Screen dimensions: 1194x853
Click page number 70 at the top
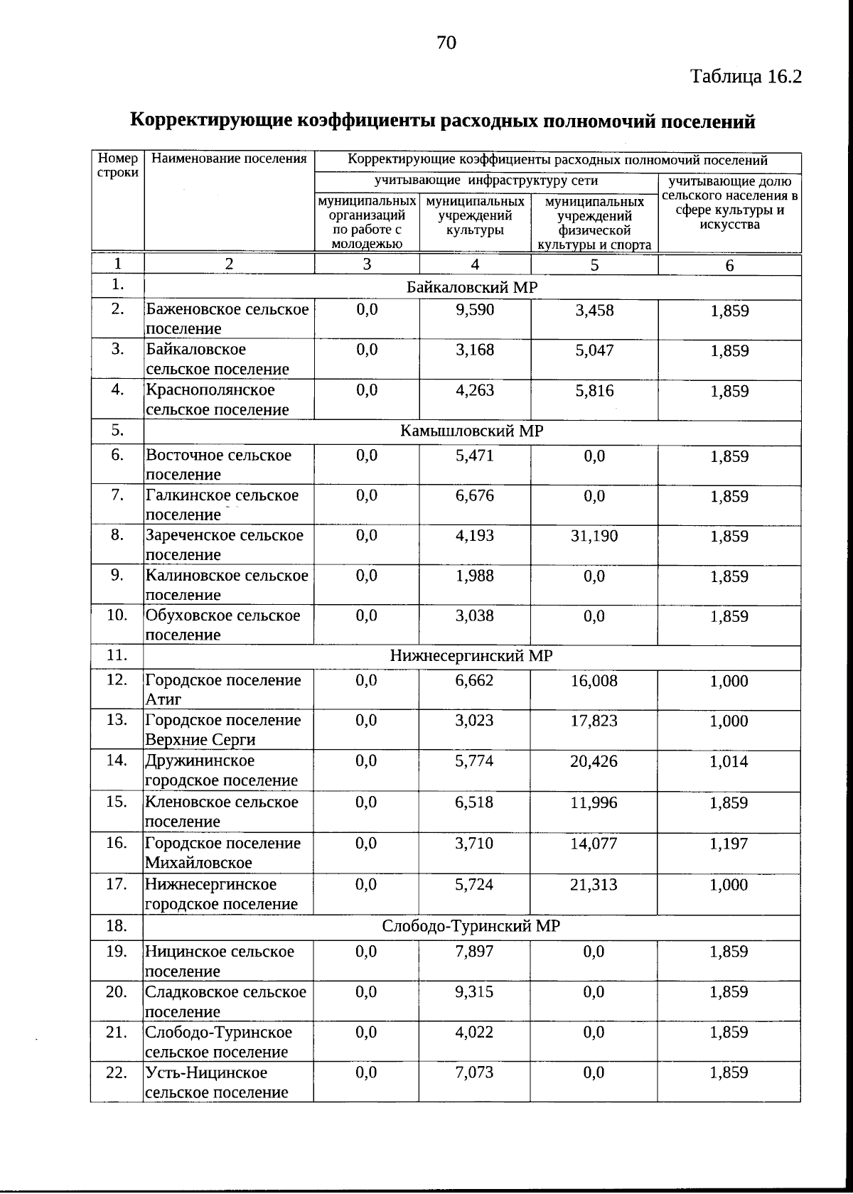click(446, 43)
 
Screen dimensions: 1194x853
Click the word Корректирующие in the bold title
click(211, 121)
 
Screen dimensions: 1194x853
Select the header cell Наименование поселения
click(229, 159)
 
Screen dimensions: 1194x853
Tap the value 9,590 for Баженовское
click(474, 310)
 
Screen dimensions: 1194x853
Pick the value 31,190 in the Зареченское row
click(594, 536)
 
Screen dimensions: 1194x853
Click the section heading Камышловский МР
click(472, 431)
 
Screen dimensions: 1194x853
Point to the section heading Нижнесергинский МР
click(471, 655)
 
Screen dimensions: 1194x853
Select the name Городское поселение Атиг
click(223, 689)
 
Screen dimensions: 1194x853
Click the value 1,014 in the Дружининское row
click(729, 762)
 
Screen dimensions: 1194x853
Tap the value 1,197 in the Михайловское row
click(729, 844)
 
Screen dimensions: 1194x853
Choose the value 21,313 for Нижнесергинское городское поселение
click(594, 885)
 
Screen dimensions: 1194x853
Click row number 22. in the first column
click(117, 1072)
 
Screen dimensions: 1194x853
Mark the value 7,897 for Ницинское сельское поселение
click(474, 952)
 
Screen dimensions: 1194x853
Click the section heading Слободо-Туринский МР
click(471, 927)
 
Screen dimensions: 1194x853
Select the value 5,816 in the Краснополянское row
click(594, 391)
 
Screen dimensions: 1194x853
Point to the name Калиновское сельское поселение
click(227, 585)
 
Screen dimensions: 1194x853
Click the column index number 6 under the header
click(729, 265)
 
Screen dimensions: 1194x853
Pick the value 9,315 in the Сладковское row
click(474, 992)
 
